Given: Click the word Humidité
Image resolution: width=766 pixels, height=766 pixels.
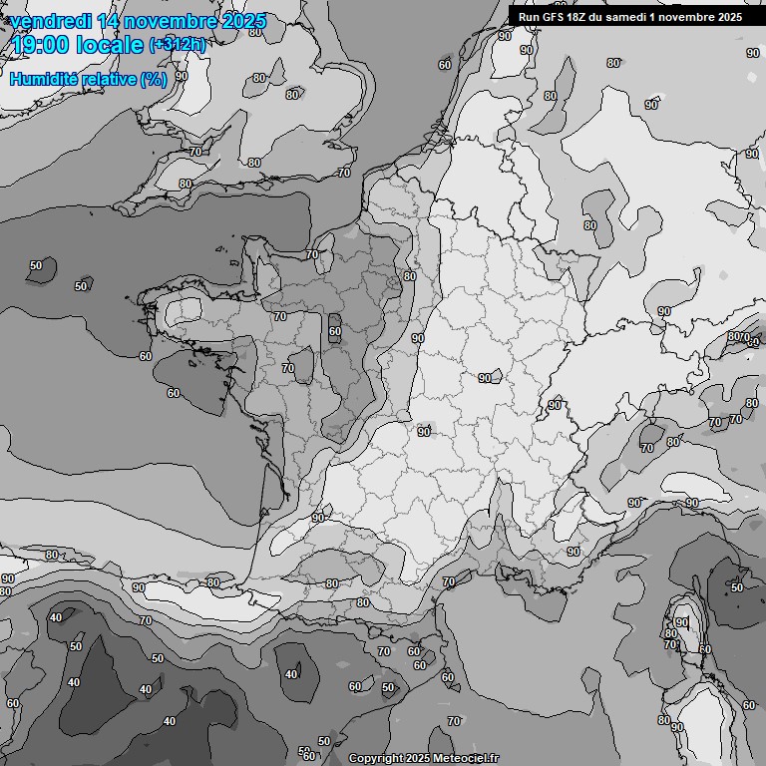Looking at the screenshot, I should click(x=51, y=79).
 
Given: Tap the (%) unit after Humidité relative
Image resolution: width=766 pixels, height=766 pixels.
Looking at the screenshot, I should click(x=154, y=79).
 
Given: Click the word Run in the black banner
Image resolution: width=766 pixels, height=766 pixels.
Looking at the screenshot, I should click(x=528, y=17).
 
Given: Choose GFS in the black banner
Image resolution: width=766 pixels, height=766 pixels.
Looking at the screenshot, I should click(x=552, y=17).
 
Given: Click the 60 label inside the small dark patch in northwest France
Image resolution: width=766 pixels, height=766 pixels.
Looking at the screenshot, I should click(x=335, y=332).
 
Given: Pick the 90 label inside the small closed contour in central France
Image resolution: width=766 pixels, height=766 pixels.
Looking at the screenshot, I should click(x=485, y=378).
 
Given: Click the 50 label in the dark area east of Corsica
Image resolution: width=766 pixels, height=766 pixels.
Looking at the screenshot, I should click(x=736, y=587).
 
